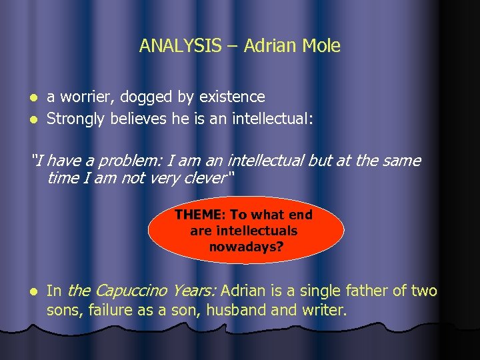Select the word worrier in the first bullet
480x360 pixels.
pyautogui.click(x=85, y=97)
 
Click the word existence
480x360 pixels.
pyautogui.click(x=231, y=97)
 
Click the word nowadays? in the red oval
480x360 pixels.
pyautogui.click(x=245, y=247)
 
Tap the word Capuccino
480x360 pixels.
pyautogui.click(x=131, y=291)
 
